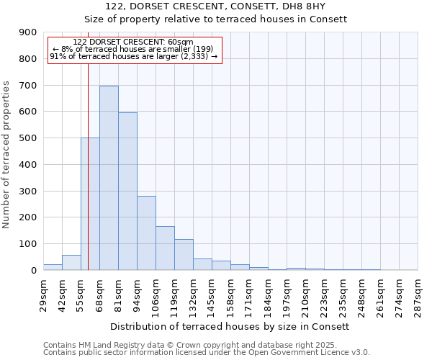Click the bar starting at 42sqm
point(71,263)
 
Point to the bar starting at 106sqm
point(165,248)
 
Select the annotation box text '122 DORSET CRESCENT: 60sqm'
point(133,42)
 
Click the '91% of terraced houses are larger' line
point(133,56)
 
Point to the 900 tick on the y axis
point(28,32)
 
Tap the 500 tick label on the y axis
point(28,138)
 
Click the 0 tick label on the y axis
point(34,271)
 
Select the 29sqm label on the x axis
point(44,293)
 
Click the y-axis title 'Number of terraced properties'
point(7,155)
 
